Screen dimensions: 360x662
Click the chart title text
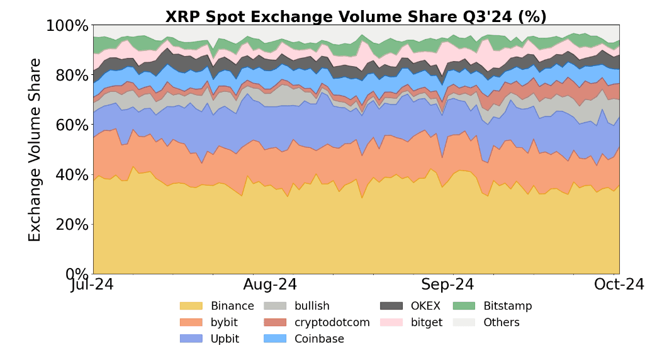coord(356,17)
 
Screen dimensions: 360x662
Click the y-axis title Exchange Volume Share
coord(35,150)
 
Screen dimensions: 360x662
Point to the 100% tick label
coord(67,26)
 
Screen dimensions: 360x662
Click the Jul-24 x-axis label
coord(94,285)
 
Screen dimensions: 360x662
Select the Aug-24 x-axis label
coord(270,285)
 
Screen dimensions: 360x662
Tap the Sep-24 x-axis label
coord(447,285)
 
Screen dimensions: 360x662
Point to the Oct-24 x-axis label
coord(619,285)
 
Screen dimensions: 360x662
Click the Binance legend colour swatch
coord(191,307)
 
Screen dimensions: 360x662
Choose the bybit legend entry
coord(215,323)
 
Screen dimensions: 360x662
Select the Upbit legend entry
coord(215,339)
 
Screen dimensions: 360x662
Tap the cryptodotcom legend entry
coord(320,323)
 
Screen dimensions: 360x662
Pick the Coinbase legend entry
coord(308,339)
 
